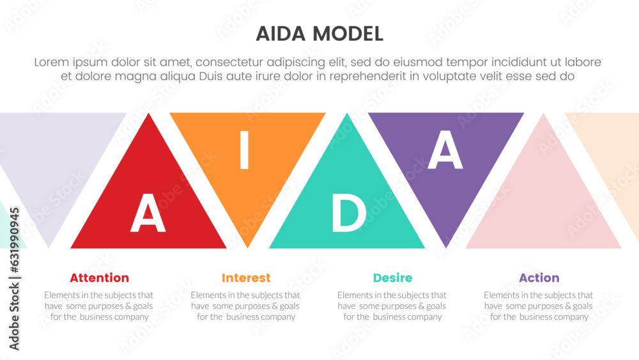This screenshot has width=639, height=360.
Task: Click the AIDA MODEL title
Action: click(x=319, y=34)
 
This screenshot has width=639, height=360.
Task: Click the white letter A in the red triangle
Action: click(x=148, y=214)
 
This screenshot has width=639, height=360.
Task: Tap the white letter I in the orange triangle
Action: click(x=243, y=153)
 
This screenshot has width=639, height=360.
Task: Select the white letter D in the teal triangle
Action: click(x=348, y=214)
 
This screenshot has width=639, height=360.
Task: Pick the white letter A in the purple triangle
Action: click(x=445, y=153)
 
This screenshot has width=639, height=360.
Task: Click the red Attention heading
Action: click(x=99, y=278)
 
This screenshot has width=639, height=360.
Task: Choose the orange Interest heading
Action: click(x=246, y=278)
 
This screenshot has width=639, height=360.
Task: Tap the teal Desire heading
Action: click(x=392, y=278)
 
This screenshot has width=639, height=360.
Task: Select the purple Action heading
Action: click(x=539, y=278)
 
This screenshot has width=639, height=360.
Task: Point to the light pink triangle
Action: click(x=543, y=205)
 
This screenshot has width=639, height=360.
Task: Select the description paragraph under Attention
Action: click(x=99, y=306)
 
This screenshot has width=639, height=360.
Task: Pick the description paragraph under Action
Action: click(x=539, y=306)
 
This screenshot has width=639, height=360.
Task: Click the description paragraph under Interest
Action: click(x=246, y=306)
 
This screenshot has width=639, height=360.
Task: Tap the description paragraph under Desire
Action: click(x=392, y=306)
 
